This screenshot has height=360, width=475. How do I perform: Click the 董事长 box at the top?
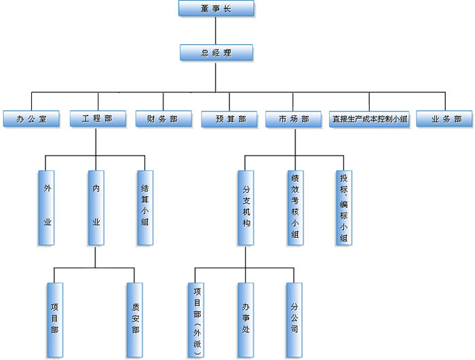216,9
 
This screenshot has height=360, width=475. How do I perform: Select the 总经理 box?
216,52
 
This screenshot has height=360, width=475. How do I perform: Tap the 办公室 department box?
31,119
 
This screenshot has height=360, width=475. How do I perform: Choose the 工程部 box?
97,119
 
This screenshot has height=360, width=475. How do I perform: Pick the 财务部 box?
162,119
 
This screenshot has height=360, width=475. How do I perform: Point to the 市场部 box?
294,119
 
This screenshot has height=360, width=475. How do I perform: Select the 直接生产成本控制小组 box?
370,119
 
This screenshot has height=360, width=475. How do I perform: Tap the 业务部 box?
443,119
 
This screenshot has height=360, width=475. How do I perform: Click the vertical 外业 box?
47,207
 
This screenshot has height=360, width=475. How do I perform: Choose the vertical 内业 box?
96,207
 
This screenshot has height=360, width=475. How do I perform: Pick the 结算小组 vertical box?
145,207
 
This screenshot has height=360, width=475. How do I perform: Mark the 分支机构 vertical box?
246,207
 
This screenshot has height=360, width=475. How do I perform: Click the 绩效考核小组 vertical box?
294,207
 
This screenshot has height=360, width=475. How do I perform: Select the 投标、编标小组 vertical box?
344,207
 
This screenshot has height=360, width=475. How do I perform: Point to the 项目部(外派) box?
197,319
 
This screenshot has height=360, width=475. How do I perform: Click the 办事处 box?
246,319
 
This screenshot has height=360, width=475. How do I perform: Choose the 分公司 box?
294,319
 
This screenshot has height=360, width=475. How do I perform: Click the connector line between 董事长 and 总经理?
216,31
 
